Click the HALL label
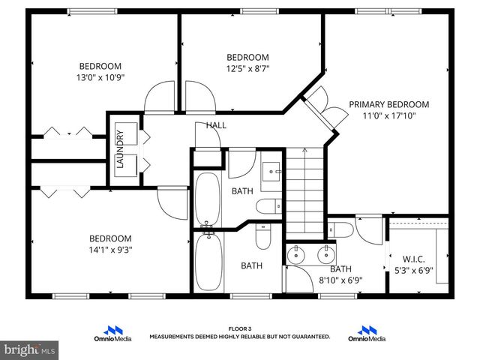tap(216, 125)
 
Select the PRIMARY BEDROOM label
tap(388, 104)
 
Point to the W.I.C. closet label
tap(413, 259)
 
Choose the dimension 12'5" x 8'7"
tap(247, 69)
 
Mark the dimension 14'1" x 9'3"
tap(110, 250)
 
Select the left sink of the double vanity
tap(297, 254)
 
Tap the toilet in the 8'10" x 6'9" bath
tap(262, 237)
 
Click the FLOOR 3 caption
tap(240, 328)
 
